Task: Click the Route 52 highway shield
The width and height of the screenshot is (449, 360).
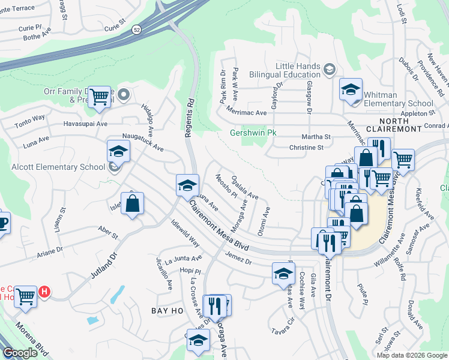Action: [x=137, y=29]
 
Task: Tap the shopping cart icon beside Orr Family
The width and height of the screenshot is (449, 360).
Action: [x=99, y=96]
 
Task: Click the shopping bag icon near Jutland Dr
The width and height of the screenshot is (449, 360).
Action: [x=133, y=203]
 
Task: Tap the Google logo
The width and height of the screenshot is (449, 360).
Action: [x=20, y=353]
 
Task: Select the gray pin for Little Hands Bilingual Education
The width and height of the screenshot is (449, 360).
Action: [x=329, y=70]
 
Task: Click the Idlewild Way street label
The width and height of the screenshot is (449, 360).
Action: [x=185, y=234]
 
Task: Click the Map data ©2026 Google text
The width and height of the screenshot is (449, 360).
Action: [x=411, y=355]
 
